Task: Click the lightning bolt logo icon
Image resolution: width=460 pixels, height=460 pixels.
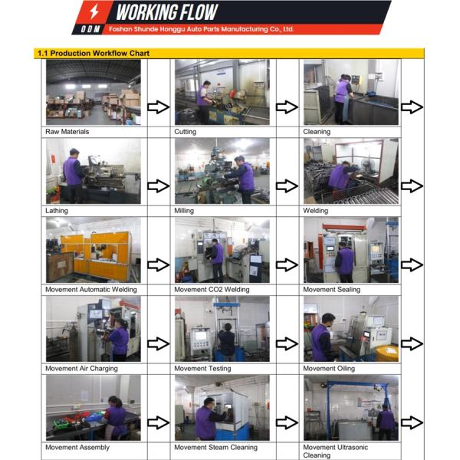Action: click(94, 11)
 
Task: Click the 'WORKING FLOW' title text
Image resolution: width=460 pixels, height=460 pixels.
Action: click(167, 12)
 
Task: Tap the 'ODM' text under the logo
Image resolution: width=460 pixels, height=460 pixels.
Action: click(90, 29)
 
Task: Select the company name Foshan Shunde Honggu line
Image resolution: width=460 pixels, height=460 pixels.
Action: click(201, 29)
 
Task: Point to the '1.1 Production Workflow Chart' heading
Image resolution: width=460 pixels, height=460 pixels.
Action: click(94, 54)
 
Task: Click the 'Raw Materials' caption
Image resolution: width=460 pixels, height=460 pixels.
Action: click(67, 132)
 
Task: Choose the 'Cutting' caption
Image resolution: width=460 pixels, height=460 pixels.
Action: click(185, 132)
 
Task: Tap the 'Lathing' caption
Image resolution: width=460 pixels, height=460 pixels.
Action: click(56, 211)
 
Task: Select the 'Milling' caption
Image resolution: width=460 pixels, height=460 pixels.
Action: click(184, 211)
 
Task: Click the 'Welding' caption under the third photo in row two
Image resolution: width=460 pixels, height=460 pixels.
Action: click(315, 211)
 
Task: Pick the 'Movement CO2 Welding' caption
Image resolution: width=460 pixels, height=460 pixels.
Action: click(212, 290)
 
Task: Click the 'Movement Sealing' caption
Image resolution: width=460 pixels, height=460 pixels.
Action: click(331, 290)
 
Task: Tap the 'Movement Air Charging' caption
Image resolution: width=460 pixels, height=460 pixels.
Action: click(81, 369)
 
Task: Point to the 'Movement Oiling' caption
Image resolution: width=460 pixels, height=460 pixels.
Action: click(329, 369)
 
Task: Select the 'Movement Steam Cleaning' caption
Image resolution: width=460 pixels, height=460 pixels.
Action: click(215, 448)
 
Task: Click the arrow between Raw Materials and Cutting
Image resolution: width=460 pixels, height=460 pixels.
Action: click(159, 107)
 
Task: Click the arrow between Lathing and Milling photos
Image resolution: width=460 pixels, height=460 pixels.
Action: click(159, 186)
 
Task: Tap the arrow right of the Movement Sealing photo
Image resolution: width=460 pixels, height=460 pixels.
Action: click(412, 265)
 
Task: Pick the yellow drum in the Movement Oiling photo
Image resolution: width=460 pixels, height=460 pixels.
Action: click(386, 353)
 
